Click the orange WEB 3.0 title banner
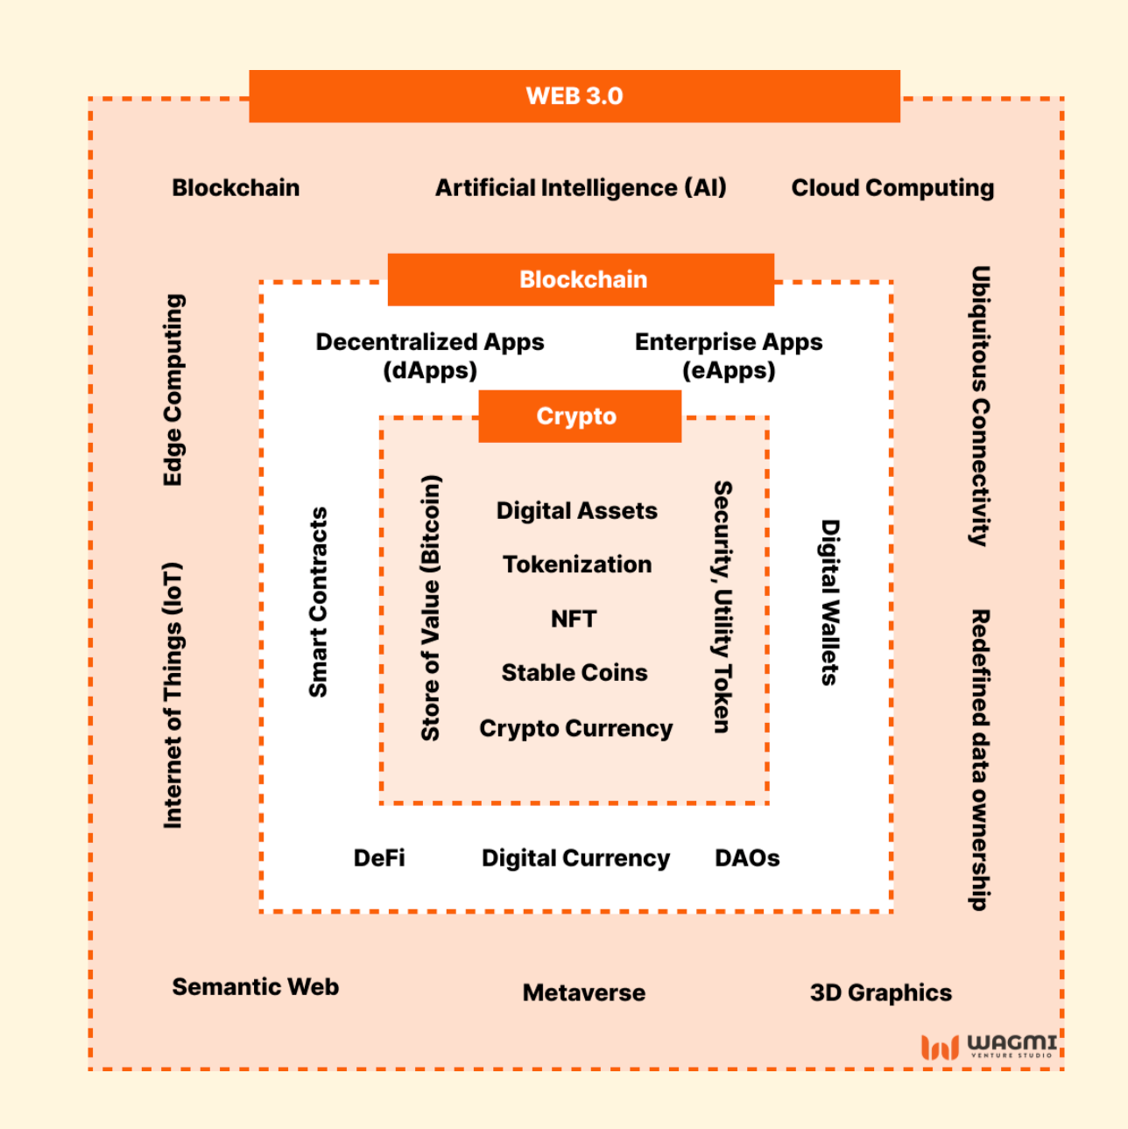(x=575, y=96)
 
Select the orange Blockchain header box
(x=582, y=280)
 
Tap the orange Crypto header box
(x=579, y=417)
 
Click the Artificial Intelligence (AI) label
(x=581, y=188)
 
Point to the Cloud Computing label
(x=892, y=188)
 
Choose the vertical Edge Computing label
(x=173, y=390)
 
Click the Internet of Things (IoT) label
(x=173, y=695)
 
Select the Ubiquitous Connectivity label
(x=980, y=406)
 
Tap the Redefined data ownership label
(x=980, y=760)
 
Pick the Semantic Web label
(x=255, y=987)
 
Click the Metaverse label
(x=584, y=992)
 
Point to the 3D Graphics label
(x=880, y=992)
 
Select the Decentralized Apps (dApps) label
(x=430, y=355)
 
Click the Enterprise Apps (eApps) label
(x=729, y=355)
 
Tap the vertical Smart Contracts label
(x=318, y=602)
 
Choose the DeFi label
(x=379, y=858)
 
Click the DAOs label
(x=747, y=858)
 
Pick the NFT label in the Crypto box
(x=574, y=619)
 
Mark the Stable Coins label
(x=575, y=673)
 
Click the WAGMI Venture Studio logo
(x=989, y=1046)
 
